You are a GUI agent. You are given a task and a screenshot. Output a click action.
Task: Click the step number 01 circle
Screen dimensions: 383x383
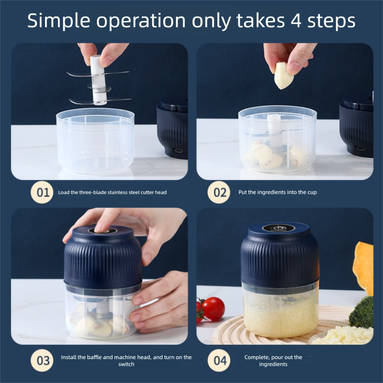[x=43, y=192]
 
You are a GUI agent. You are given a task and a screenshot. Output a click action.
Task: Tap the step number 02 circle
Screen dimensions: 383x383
[x=220, y=192]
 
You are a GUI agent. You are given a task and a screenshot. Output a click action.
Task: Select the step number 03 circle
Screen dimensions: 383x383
[x=43, y=360]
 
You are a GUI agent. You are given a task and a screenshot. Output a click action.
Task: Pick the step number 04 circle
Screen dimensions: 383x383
[x=220, y=360]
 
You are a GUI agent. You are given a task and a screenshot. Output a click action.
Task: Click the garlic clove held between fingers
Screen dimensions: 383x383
[x=283, y=76]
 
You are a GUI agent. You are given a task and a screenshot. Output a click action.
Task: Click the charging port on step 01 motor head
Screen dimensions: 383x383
[x=179, y=150]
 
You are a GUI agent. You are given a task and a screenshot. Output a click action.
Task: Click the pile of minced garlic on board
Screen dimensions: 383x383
[x=342, y=335]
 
